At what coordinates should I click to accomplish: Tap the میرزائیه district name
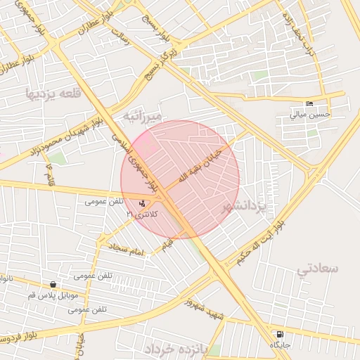(142, 115)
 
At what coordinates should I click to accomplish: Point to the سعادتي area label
(317, 268)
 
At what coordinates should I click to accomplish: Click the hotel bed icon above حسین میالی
(310, 104)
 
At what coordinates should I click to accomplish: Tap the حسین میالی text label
(309, 114)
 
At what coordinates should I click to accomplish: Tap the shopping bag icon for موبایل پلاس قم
(53, 285)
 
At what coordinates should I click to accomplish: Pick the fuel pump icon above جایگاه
(281, 334)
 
